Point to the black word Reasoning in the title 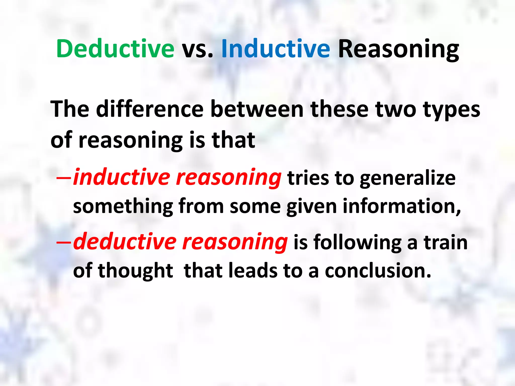[398, 50]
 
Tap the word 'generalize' [408, 178]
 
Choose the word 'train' [445, 242]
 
